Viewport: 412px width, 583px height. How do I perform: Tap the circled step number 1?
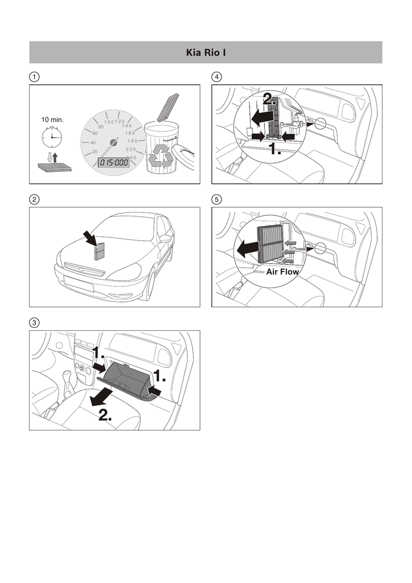[35, 76]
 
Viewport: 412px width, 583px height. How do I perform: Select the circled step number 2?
[35, 199]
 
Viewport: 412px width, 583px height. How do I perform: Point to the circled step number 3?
[35, 323]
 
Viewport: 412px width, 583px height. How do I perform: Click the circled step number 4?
[217, 76]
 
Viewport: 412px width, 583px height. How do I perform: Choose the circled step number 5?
[217, 199]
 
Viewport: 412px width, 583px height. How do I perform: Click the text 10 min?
[52, 120]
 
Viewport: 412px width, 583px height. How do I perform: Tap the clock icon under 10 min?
[52, 137]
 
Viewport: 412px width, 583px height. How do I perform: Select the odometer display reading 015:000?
[114, 162]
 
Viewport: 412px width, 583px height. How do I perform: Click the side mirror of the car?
[165, 239]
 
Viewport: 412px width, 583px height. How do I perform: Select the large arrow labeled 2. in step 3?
[102, 397]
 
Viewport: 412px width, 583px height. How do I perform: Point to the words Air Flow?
[282, 272]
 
